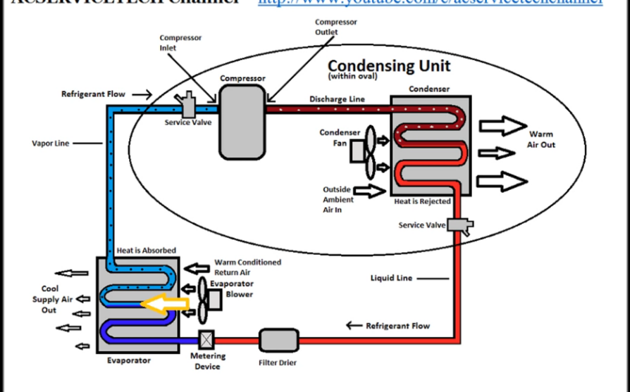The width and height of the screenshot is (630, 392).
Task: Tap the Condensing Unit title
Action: coord(389,65)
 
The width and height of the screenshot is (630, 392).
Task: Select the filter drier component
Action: coord(277,340)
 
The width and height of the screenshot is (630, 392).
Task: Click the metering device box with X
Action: coord(207,340)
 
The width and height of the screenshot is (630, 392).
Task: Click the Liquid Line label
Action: coord(391,278)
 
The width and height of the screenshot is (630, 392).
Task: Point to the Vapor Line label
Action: coord(51,143)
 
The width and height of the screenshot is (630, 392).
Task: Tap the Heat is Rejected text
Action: coord(422,201)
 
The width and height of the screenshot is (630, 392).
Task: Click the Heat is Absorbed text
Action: coord(147,251)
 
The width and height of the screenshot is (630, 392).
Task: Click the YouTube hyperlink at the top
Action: coord(430,3)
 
